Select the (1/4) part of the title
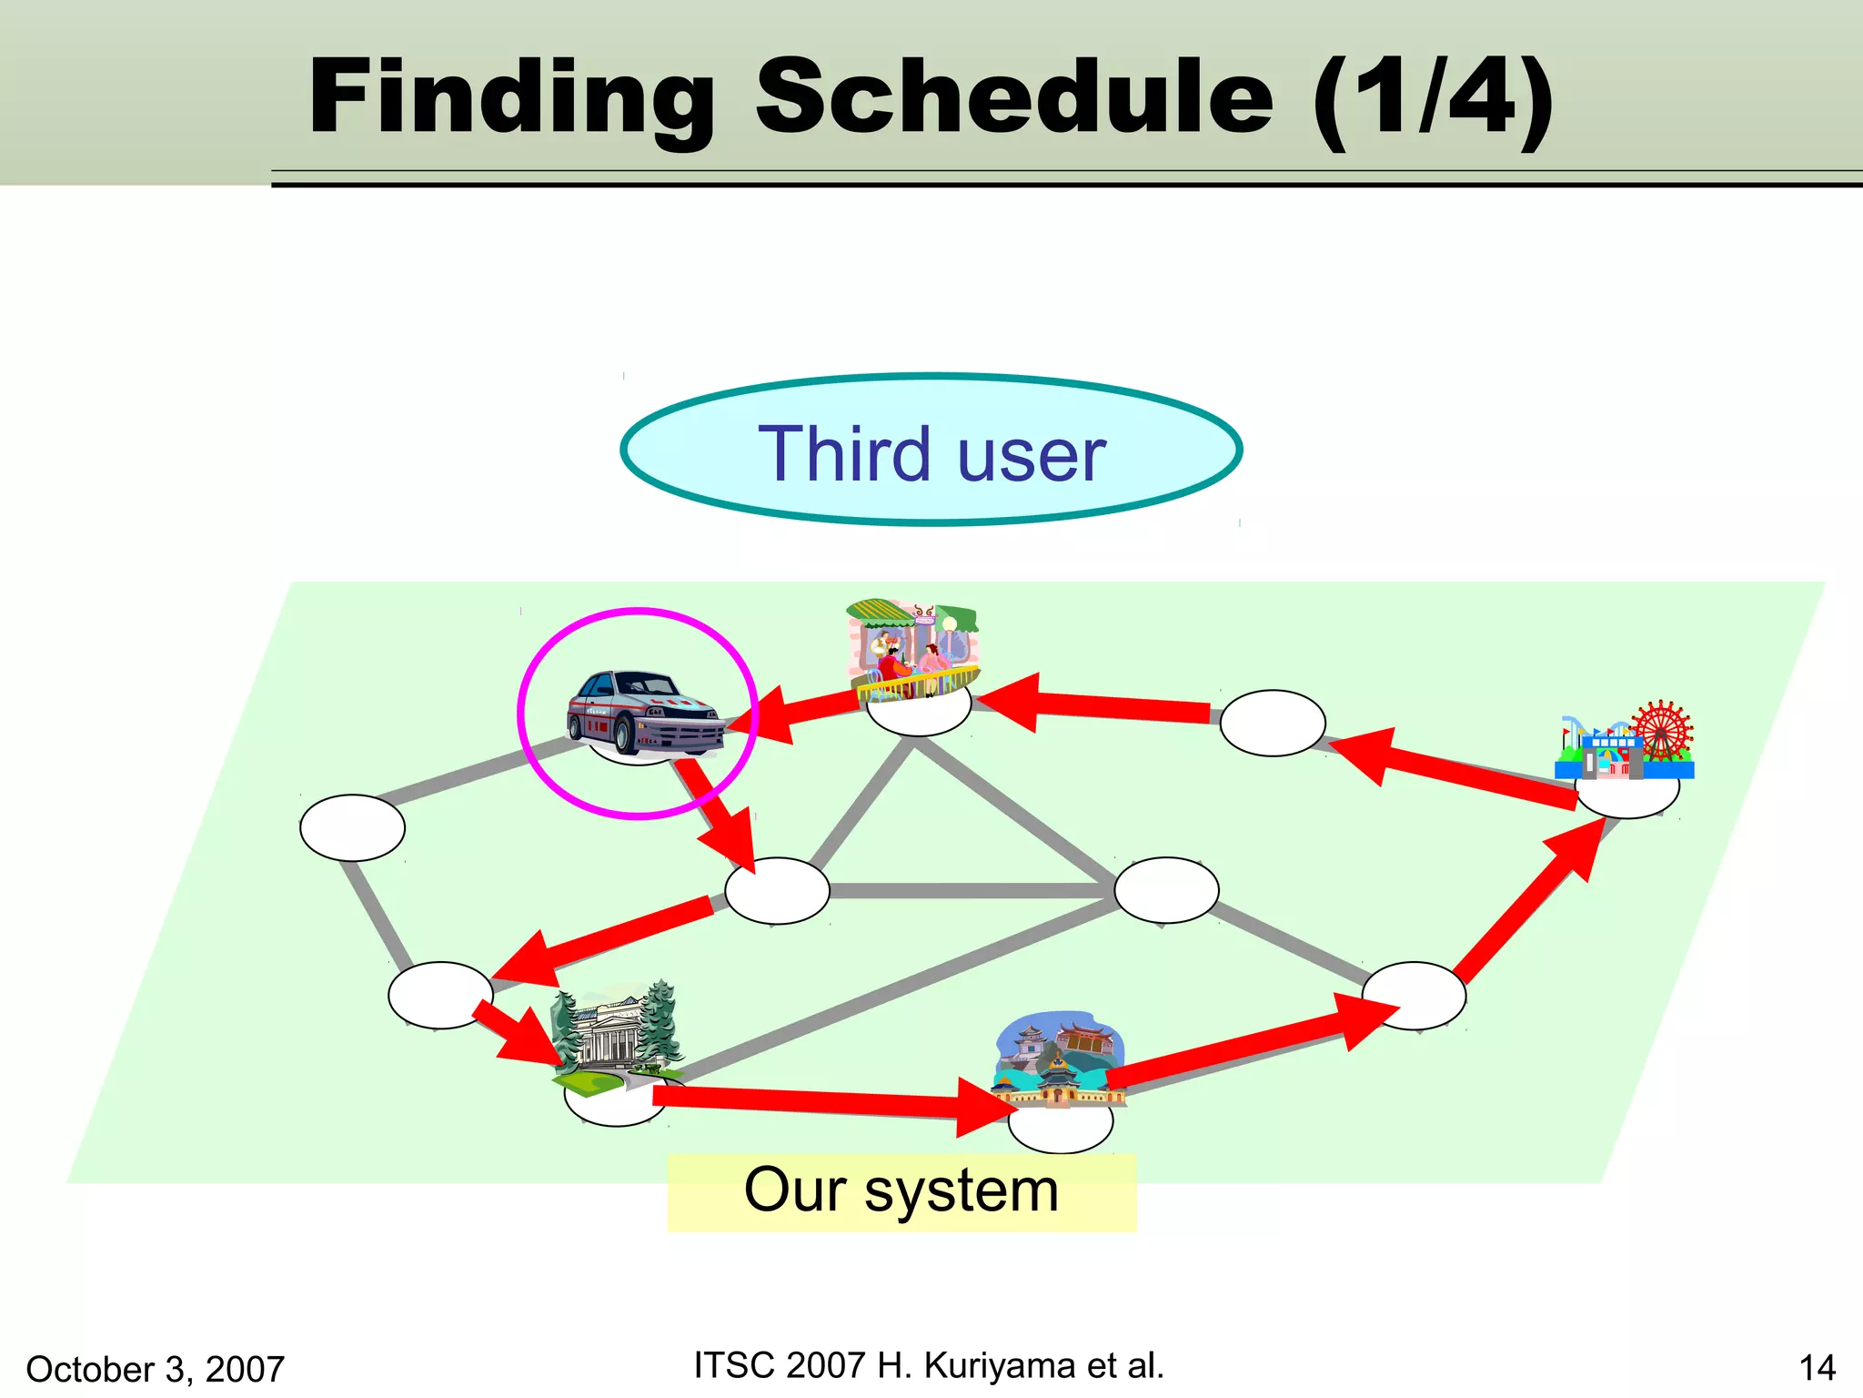click(x=1433, y=98)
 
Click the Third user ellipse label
click(x=931, y=452)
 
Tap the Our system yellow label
click(x=901, y=1191)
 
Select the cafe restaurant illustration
click(x=912, y=648)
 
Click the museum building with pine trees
click(x=618, y=1038)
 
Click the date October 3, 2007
click(x=156, y=1369)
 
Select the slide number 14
click(x=1817, y=1368)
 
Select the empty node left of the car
click(x=352, y=827)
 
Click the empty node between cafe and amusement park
click(x=1272, y=723)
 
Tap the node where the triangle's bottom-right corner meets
click(x=1166, y=890)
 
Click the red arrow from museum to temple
click(x=819, y=1103)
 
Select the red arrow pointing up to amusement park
click(x=1528, y=901)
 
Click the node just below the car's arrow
click(x=777, y=891)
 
